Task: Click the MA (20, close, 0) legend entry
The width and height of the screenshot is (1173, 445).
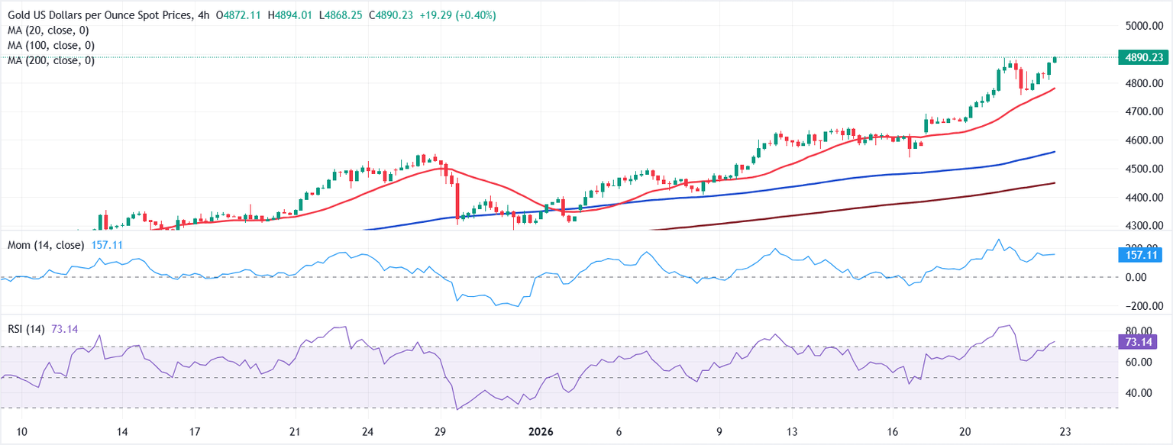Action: (50, 30)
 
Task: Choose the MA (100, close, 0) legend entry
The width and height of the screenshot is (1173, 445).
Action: (53, 45)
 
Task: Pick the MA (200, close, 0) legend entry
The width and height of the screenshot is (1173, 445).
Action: (53, 60)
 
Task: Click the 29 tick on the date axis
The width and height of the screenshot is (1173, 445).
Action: (440, 431)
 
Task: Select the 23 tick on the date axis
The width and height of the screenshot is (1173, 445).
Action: (1065, 431)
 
